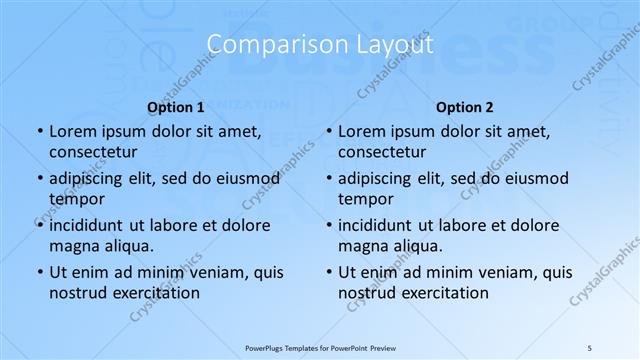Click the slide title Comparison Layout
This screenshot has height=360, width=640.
pos(320,45)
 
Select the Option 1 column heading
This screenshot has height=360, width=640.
pos(175,107)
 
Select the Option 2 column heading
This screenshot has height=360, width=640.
pos(465,107)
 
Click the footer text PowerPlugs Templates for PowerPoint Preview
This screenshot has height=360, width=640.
pos(320,347)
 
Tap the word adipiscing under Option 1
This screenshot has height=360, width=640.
pos(91,178)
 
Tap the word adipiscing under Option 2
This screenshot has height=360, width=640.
pos(380,178)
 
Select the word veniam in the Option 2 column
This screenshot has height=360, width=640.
pos(484,272)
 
